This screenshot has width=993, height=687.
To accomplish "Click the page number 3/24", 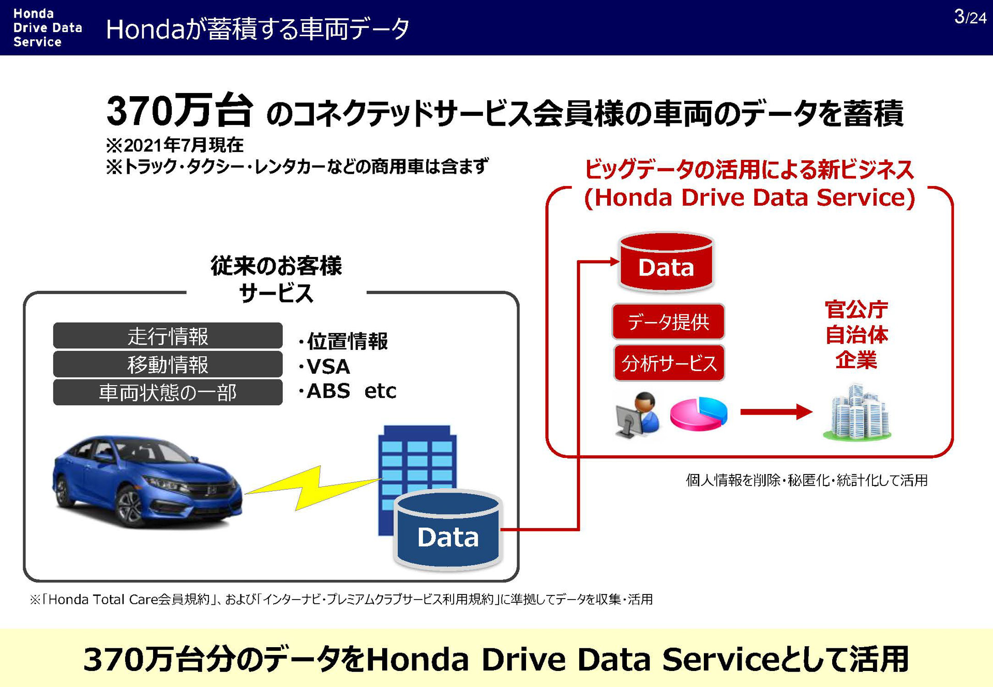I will pos(970,17).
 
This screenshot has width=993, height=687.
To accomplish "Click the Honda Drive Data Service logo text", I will pos(47,28).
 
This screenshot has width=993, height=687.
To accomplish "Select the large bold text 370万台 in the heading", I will pos(179,111).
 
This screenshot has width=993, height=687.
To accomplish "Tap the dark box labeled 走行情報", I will pos(168,336).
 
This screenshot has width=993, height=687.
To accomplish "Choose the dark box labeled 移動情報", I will pos(168,364).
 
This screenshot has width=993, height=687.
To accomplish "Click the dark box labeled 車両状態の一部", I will pos(168,392).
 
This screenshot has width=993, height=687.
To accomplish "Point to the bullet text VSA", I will pos(328,367).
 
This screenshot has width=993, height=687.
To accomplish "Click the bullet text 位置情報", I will pos(347,341).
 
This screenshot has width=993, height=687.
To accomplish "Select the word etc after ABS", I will pos(380,391).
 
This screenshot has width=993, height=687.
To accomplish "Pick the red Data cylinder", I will pos(666,263).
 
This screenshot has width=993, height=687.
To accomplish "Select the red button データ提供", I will pos(668,322).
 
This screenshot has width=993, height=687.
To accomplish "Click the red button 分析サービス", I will pos(669,363).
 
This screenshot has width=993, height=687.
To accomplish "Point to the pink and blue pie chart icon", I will pos(698,414).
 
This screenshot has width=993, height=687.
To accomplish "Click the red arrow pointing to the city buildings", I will pos(776,412).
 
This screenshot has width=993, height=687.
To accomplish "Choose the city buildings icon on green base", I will pos(857,414).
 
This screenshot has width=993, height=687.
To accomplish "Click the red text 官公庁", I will pos(856,310).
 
